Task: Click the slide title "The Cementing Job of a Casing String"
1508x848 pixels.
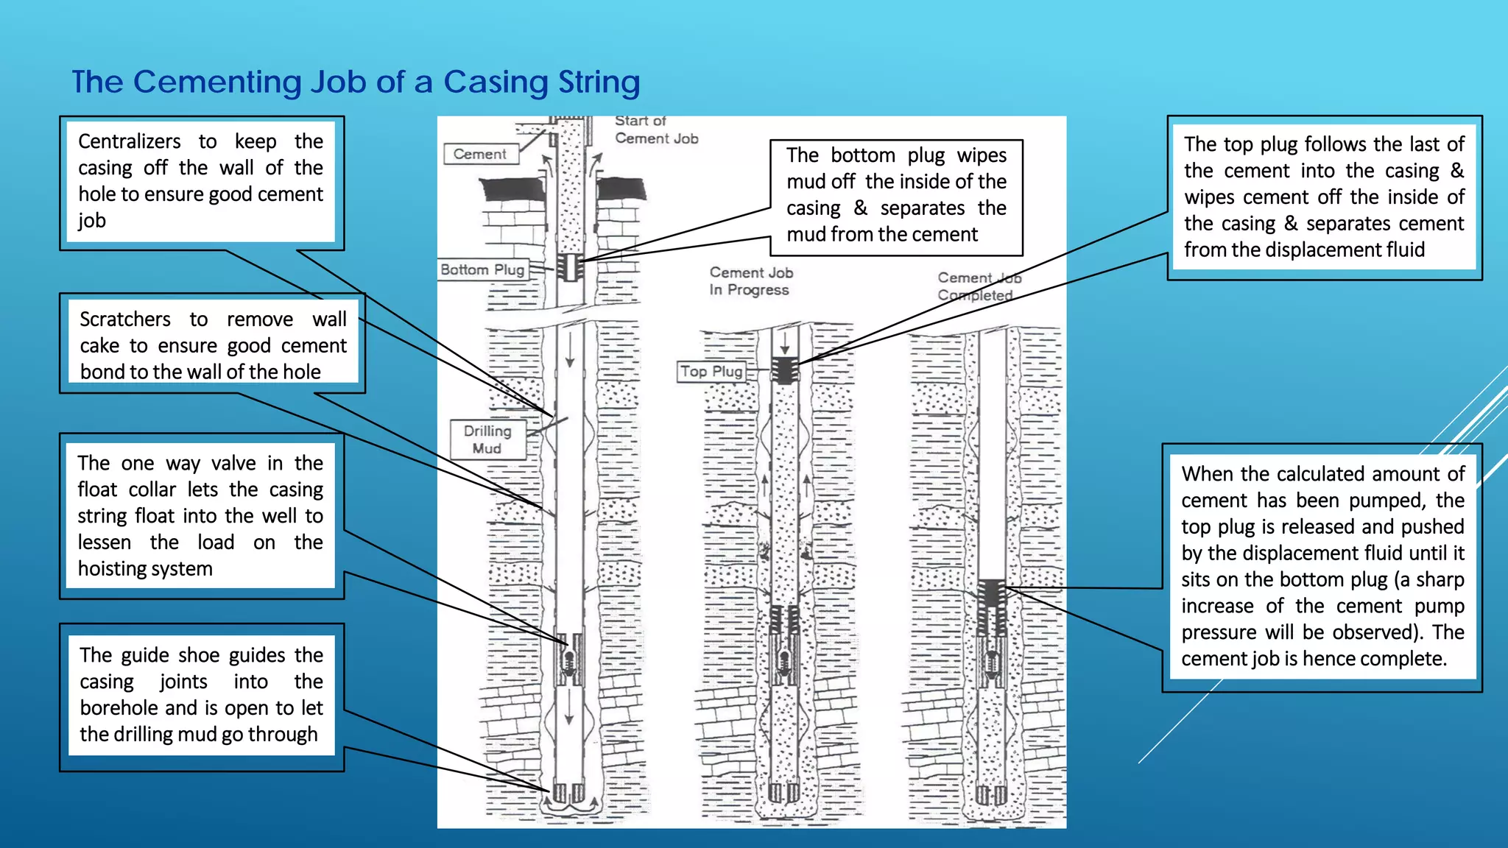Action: pyautogui.click(x=356, y=82)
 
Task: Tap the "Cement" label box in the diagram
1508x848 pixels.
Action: pyautogui.click(x=480, y=154)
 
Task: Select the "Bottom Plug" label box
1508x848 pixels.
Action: pyautogui.click(x=483, y=269)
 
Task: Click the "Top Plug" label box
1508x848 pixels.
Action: pyautogui.click(x=711, y=372)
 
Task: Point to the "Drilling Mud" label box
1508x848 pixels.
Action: pyautogui.click(x=487, y=439)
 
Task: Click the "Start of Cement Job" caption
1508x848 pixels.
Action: pyautogui.click(x=655, y=130)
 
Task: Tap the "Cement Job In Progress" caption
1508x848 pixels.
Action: pyautogui.click(x=750, y=281)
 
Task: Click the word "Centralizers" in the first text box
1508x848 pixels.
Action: pyautogui.click(x=130, y=141)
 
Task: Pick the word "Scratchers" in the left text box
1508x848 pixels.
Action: pyautogui.click(x=125, y=319)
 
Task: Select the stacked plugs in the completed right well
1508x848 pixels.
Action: pyautogui.click(x=992, y=605)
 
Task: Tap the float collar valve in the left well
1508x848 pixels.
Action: pyautogui.click(x=569, y=658)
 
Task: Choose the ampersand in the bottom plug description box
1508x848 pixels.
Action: pyautogui.click(x=860, y=208)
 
